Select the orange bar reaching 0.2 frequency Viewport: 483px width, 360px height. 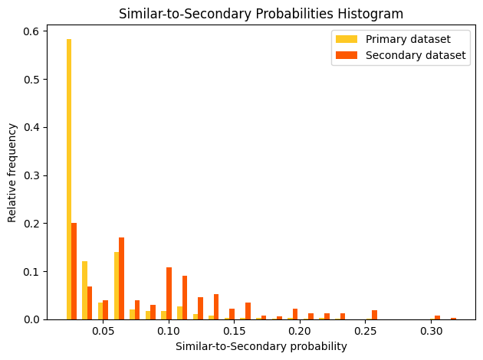[74, 271]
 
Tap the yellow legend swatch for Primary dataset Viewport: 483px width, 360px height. [346, 39]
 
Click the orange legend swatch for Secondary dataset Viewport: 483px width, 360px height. [346, 55]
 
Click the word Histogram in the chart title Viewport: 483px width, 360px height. [373, 14]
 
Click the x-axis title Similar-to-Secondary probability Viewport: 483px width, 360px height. [261, 346]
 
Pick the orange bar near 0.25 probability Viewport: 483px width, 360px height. [374, 315]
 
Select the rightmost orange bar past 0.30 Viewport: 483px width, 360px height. [453, 319]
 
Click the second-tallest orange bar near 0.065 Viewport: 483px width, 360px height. [121, 279]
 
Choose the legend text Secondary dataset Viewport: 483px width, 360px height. [416, 55]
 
